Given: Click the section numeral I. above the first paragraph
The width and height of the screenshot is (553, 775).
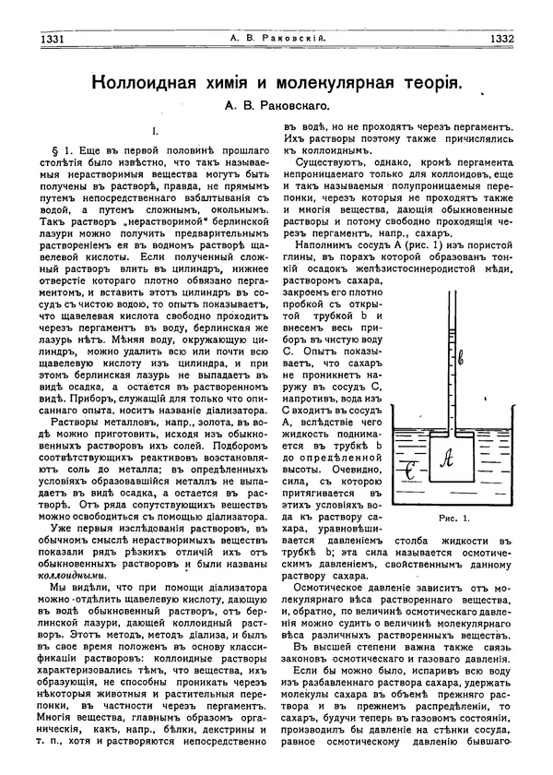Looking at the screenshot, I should (154, 132).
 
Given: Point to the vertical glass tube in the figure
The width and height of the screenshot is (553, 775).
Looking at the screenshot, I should (474, 369).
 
